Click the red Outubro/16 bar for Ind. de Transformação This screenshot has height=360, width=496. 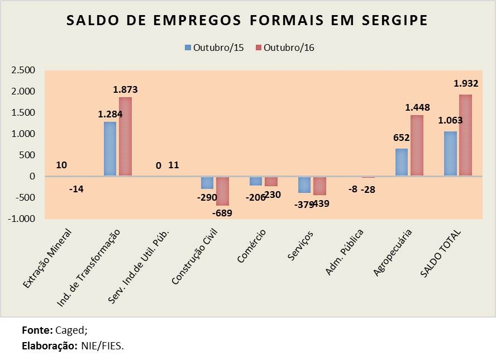pos(125,136)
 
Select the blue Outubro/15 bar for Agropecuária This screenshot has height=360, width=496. pos(402,162)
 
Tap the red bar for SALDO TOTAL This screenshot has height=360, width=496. pos(465,135)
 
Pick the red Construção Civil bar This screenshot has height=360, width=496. pos(222,191)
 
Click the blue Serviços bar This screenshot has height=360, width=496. pos(304,184)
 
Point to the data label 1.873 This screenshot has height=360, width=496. pos(125,89)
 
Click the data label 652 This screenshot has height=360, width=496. pos(402,138)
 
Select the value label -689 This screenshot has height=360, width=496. pos(222,212)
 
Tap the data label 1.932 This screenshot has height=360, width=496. pos(466,83)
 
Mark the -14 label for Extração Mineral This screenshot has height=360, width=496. pos(77,190)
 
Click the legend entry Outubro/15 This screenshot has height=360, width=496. pos(218,48)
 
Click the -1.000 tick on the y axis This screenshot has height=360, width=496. pos(21,219)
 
